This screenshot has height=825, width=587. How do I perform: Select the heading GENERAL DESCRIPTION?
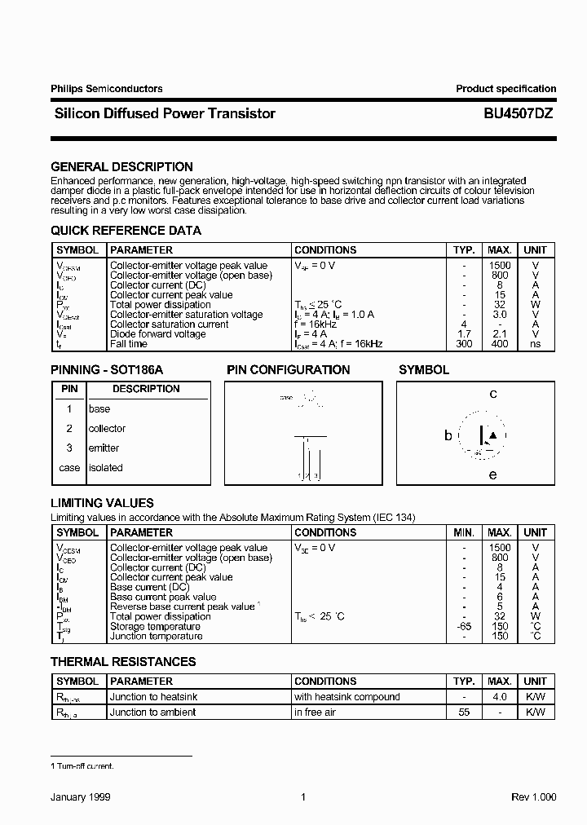click(121, 167)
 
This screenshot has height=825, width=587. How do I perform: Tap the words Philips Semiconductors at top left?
click(106, 89)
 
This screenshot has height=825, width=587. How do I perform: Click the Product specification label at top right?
click(505, 89)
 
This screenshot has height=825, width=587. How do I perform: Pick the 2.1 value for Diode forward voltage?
click(500, 334)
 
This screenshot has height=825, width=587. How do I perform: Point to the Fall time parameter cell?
click(130, 344)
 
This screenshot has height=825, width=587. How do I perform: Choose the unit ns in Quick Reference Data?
click(535, 344)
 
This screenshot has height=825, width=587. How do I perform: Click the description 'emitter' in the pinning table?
click(104, 448)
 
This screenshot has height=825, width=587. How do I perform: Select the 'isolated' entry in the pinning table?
click(105, 468)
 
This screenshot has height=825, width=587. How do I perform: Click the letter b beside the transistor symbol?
click(448, 436)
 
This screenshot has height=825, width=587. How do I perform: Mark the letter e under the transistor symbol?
click(492, 474)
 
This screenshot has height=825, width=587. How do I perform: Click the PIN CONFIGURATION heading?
click(288, 370)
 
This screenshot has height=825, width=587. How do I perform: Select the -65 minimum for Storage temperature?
click(463, 626)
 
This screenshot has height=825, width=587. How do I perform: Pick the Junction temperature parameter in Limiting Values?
click(156, 636)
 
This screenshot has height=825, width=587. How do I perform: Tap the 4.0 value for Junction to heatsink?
click(500, 697)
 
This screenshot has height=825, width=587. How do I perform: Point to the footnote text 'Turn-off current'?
click(85, 766)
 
